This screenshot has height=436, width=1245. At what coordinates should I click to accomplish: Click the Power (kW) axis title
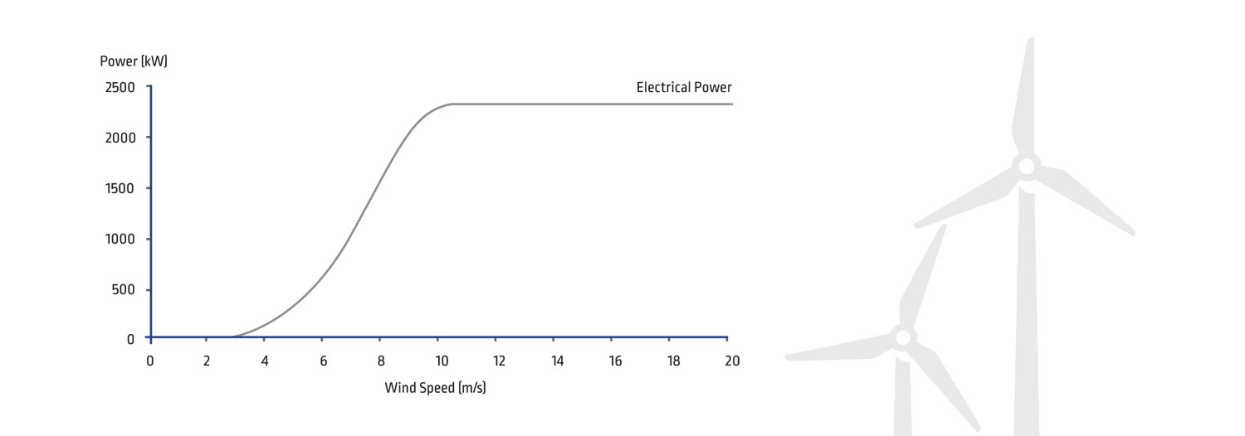pos(134,61)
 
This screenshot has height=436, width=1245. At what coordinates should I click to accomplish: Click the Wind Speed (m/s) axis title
pos(435,387)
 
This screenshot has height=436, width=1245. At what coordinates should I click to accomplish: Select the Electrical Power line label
pos(684,87)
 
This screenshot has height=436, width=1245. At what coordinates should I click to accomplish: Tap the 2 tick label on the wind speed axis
pos(207,361)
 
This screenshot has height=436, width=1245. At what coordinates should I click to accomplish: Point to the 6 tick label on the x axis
pos(323,361)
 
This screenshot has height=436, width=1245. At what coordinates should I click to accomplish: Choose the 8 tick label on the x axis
pos(381,361)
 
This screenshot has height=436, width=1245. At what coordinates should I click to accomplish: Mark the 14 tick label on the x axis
pos(557,361)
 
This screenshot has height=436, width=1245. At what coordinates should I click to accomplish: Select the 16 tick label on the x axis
pos(615,361)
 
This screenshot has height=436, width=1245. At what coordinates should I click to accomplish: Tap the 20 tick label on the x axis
pos(731,361)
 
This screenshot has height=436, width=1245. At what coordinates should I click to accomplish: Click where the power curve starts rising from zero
pos(234,337)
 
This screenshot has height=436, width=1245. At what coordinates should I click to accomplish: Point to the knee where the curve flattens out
pos(451,104)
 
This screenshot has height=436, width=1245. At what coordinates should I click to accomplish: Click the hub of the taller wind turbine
pos(1027,166)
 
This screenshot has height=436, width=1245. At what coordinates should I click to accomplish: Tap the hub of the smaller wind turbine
pos(903,337)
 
